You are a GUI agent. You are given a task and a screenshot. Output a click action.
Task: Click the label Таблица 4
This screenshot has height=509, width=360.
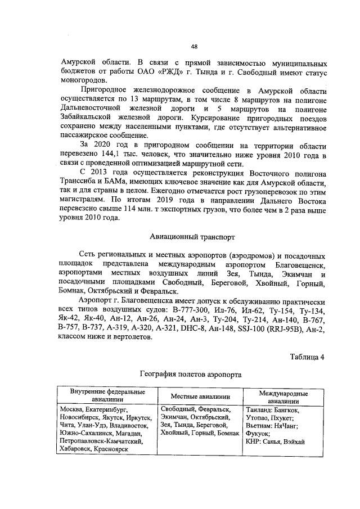pos(307,357)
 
